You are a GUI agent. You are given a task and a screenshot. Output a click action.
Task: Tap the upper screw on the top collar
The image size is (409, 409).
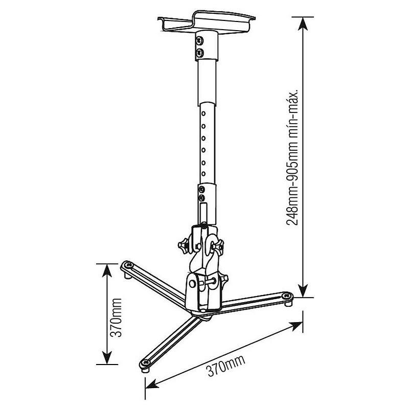coord(199,40)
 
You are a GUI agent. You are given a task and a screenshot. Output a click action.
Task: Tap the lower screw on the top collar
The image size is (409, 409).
coord(200,52)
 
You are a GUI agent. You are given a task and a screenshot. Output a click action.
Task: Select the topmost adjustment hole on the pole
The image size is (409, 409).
coord(203,113)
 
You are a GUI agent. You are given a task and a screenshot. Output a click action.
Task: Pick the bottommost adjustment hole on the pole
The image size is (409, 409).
coord(203,174)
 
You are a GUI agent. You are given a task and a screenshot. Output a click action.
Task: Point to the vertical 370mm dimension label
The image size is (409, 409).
coord(116,317)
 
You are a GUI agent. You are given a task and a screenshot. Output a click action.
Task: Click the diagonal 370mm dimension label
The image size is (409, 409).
coord(226,366)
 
